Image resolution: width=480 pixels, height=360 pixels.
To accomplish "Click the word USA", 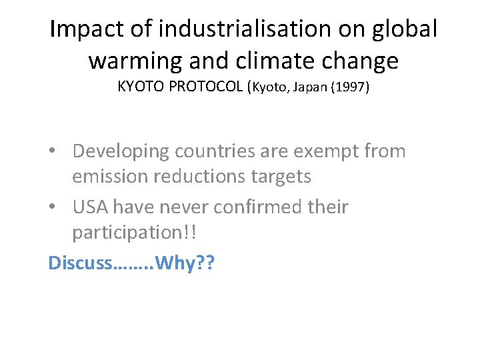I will click(91, 207).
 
